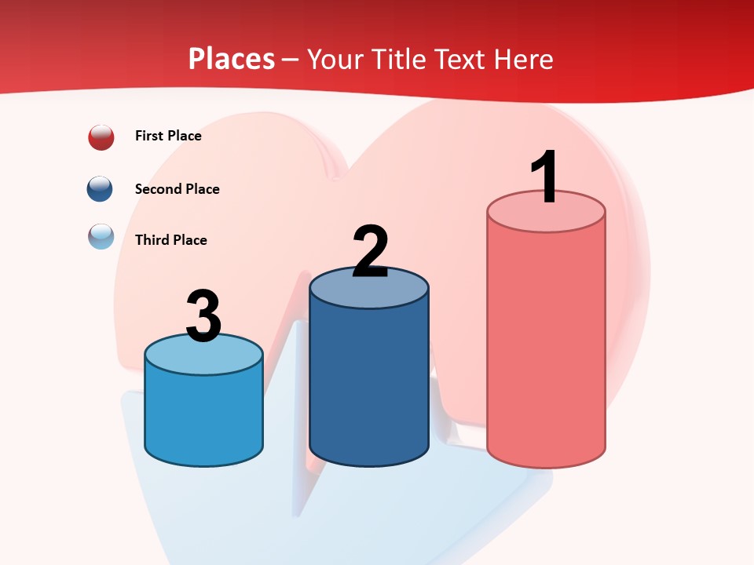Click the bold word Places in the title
coord(232,59)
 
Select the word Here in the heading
coord(525,59)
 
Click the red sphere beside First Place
coord(101,137)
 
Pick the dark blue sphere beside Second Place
coord(101,189)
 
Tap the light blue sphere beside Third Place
coord(101,236)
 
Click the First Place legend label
coord(168,136)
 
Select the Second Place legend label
coord(177,189)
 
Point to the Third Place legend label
coord(170,240)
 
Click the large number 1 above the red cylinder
coord(544,177)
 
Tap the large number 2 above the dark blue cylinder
coord(370,251)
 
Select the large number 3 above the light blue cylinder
coord(203,316)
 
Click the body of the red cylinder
coord(546,345)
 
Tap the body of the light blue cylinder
coord(203,416)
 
